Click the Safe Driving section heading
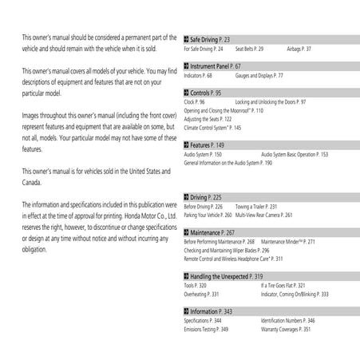coord(210,38)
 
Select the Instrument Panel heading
coord(216,66)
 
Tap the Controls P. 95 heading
coord(208,93)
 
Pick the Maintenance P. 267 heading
coord(213,231)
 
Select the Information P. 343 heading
coord(212,311)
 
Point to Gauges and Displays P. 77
coord(259,76)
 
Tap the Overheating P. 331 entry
coord(202,293)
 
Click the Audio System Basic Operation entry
coord(295,153)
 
